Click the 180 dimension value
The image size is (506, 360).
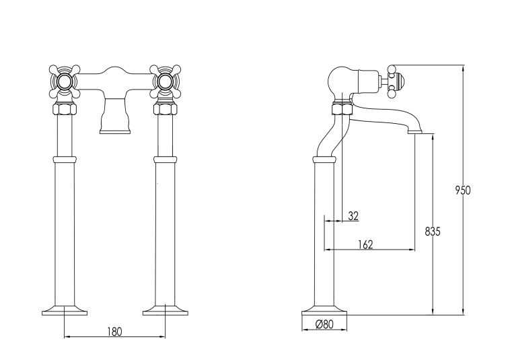[x=114, y=331]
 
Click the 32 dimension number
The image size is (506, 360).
[x=353, y=216]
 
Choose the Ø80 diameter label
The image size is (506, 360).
[x=324, y=324]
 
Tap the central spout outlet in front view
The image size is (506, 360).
[x=115, y=123]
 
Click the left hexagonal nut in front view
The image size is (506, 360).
[x=65, y=110]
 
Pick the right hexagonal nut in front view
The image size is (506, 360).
[x=166, y=110]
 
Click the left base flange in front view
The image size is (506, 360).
[x=65, y=310]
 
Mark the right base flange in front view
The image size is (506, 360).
[x=166, y=310]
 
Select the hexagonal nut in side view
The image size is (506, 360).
[x=342, y=109]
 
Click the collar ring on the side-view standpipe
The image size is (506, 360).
[x=324, y=159]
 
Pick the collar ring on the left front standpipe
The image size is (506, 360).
[x=65, y=159]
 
